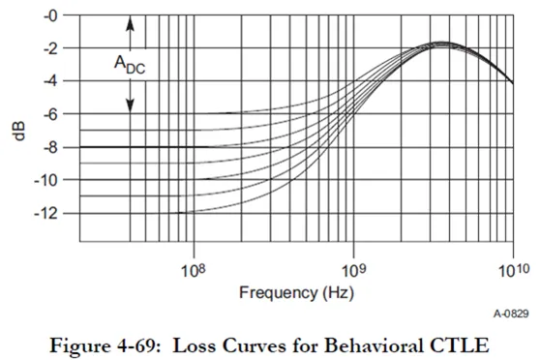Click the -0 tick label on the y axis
point(50,16)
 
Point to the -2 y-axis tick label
point(50,48)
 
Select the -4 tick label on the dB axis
point(50,81)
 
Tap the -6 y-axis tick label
point(50,114)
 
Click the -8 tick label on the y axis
point(50,148)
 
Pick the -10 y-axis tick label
point(45,181)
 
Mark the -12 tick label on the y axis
point(45,214)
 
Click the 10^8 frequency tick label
point(193,270)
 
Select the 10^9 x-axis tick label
point(353,270)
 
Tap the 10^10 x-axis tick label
point(514,270)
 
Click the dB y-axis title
point(19,131)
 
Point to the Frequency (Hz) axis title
point(297,293)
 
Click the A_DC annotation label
point(130,65)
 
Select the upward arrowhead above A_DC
point(130,24)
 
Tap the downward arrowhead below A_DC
point(130,105)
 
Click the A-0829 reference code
point(511,314)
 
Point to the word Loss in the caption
point(195,345)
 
